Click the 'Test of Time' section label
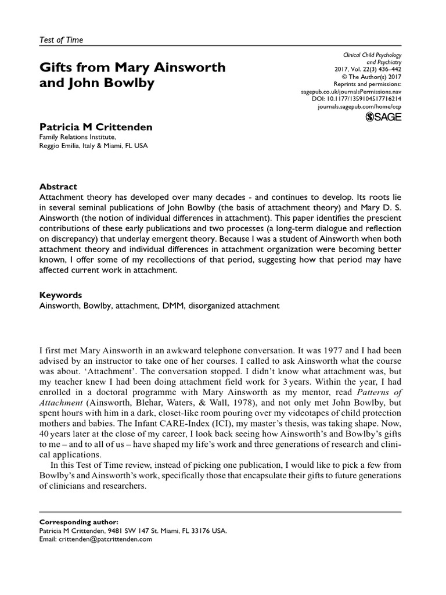click(61, 40)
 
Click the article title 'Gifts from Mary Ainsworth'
click(132, 67)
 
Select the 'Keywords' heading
click(60, 295)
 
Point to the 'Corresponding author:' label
click(73, 522)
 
